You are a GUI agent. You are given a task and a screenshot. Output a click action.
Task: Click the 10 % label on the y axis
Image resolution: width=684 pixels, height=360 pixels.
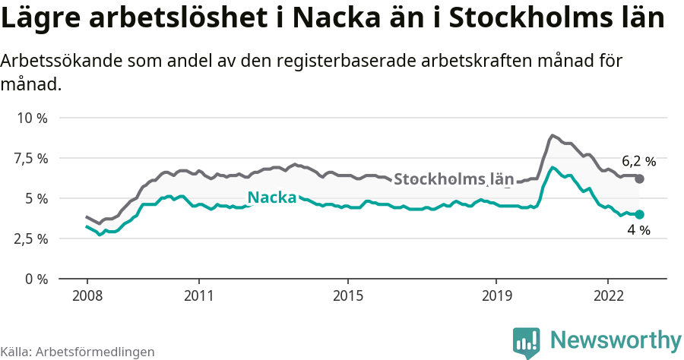pyautogui.click(x=31, y=118)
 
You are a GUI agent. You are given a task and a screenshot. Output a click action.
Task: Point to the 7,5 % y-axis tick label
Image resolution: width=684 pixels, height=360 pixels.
pyautogui.click(x=31, y=158)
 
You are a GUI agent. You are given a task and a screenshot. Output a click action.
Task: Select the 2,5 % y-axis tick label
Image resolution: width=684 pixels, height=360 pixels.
pyautogui.click(x=31, y=238)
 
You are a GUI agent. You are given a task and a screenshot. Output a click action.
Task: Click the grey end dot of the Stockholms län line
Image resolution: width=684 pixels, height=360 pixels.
pyautogui.click(x=639, y=178)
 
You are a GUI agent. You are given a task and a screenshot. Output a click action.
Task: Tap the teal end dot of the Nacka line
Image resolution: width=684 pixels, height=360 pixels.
pyautogui.click(x=639, y=214)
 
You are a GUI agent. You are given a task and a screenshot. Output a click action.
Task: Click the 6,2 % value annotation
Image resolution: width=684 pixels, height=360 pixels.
pyautogui.click(x=638, y=161)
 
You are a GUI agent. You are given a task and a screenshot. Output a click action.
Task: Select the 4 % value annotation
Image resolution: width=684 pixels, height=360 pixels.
pyautogui.click(x=638, y=230)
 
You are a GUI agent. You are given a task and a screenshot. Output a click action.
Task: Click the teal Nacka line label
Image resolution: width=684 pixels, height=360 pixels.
pyautogui.click(x=272, y=197)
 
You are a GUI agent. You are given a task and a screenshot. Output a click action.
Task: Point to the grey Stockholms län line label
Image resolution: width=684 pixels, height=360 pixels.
pyautogui.click(x=454, y=180)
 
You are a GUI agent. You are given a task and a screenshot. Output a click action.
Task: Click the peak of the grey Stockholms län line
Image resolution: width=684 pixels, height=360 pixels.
pyautogui.click(x=553, y=136)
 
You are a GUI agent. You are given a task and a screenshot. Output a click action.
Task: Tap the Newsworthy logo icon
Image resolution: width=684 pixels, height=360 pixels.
pyautogui.click(x=527, y=343)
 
